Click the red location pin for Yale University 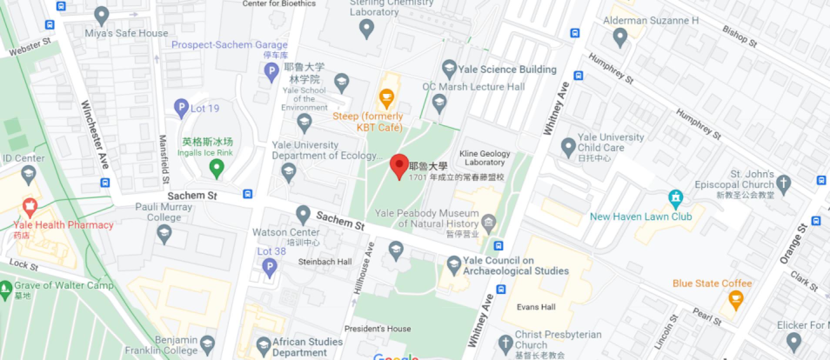tap(399, 165)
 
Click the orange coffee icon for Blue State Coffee tap(736, 299)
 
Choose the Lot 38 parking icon tap(270, 266)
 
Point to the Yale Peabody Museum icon tap(489, 223)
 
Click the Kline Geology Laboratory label tap(485, 158)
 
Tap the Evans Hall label tap(536, 307)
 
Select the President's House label tap(377, 329)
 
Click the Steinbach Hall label tap(325, 262)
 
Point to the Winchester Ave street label tap(95, 134)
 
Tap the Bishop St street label tap(740, 37)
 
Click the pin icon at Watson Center tap(303, 214)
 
